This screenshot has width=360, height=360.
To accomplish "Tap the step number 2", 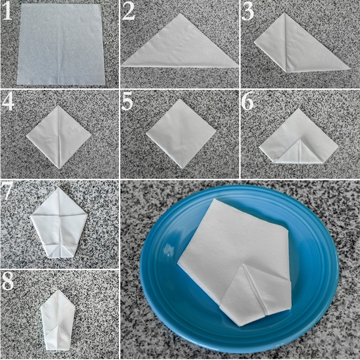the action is [x=128, y=12].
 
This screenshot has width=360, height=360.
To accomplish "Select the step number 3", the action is [x=248, y=12].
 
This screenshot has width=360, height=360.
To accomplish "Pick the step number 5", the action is [x=127, y=101].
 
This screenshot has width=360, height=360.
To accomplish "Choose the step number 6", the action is [x=247, y=101].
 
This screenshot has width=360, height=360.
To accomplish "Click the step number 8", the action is [x=7, y=281].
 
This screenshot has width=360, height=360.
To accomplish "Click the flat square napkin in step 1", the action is [x=61, y=44].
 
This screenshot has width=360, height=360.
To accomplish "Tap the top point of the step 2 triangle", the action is [x=181, y=13].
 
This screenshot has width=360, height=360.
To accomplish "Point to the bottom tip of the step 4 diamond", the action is [x=59, y=169].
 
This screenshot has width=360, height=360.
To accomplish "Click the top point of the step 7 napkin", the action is [x=59, y=187].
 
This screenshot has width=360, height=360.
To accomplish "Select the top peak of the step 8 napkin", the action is [x=59, y=290].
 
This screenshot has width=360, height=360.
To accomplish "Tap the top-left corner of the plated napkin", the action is [x=214, y=199].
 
